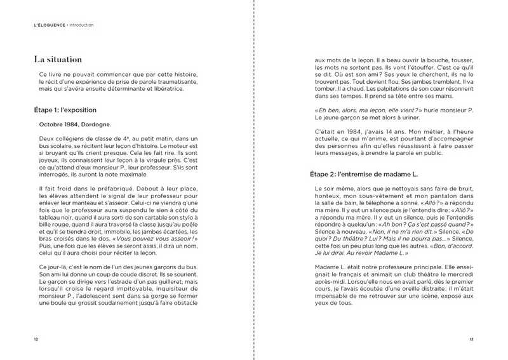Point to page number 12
36,339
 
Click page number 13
471,339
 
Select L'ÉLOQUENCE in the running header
50,25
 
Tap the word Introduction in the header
81,25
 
